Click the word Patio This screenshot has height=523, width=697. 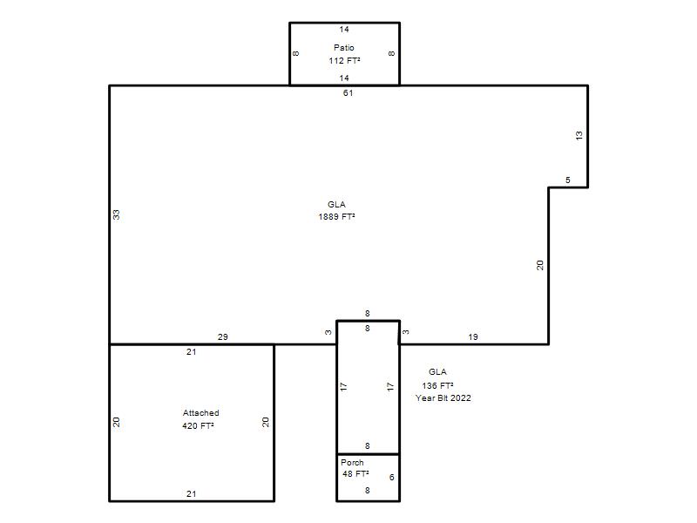[x=344, y=48]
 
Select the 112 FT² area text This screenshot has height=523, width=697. [x=344, y=60]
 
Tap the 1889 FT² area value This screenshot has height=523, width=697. [x=336, y=216]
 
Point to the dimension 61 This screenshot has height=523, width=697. [x=348, y=93]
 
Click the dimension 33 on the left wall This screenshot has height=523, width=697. [x=116, y=214]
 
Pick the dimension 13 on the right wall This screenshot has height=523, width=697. [x=579, y=136]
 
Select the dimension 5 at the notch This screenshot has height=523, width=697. [x=568, y=180]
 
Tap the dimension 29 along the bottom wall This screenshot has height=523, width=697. [x=223, y=337]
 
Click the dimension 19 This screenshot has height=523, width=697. [x=473, y=337]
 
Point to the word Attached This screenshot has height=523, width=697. [x=201, y=412]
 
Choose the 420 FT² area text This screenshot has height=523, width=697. [x=199, y=425]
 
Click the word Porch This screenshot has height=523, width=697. [x=352, y=463]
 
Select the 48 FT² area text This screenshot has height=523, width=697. [x=355, y=474]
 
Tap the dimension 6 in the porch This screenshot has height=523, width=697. [x=391, y=477]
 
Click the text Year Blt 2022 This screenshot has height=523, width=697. [x=443, y=398]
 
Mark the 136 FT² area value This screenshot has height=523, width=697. [x=438, y=385]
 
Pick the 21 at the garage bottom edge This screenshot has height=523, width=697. [x=191, y=493]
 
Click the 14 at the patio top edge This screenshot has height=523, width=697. [x=344, y=30]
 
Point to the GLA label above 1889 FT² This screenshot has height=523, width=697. [x=336, y=205]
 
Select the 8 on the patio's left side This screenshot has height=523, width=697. [x=296, y=53]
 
